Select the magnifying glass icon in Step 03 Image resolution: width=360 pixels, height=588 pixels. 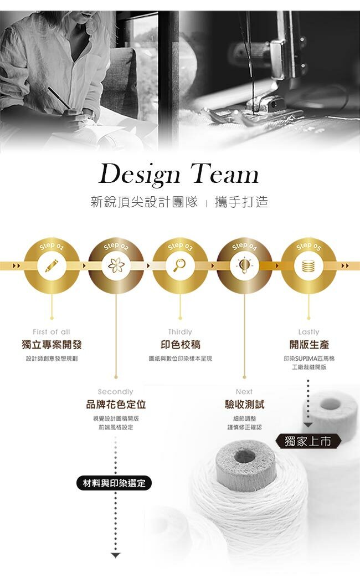coord(180,265)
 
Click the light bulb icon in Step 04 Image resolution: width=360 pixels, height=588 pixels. coord(244,265)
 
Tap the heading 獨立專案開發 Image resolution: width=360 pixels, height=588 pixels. coord(52,345)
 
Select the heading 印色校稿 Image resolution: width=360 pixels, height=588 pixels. coord(180,345)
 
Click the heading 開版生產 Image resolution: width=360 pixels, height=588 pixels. coord(308,345)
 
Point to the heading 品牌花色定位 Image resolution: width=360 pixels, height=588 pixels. coord(116,405)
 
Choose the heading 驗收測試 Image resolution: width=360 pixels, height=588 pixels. coord(244,405)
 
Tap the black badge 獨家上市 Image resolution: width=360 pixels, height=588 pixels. coord(308,441)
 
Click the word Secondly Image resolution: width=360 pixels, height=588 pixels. coord(116,392)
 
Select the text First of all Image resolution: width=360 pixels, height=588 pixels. coord(52,332)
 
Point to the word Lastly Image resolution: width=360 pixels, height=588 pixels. coord(308,332)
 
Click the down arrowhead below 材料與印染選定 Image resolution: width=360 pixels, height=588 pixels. coord(115,555)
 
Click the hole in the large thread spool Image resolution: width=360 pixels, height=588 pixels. coord(244,456)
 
